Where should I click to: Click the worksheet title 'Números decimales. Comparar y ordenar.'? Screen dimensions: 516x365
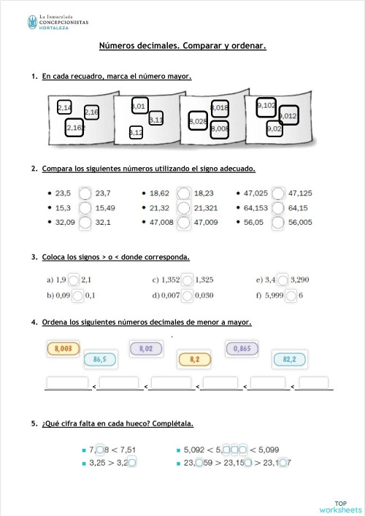182,46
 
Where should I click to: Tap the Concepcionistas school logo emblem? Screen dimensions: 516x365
32,23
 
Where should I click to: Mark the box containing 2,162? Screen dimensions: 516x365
75,128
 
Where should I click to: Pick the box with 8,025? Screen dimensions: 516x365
197,121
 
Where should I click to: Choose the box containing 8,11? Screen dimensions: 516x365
155,119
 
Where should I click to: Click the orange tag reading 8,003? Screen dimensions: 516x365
62,349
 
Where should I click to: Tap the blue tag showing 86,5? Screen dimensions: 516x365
100,359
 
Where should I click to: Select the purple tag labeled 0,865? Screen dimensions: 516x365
242,349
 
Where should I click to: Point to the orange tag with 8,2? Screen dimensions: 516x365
194,359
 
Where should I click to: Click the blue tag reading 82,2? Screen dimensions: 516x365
289,359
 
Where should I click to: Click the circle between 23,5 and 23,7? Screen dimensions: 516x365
85,193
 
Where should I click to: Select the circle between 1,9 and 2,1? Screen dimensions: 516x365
73,280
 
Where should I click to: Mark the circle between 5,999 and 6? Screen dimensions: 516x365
291,295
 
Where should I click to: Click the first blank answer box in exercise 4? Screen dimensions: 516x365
67,382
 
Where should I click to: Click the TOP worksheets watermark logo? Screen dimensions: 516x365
339,507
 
